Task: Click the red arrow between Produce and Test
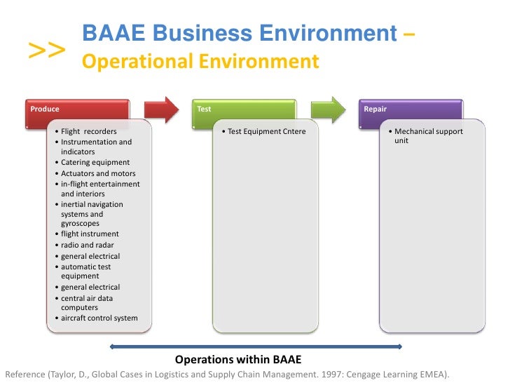pos(162,109)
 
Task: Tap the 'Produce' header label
pos(45,109)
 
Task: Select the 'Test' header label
pos(204,109)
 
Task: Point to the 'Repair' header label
pos(375,109)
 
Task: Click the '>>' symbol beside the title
pos(48,50)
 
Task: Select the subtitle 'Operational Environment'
pos(201,62)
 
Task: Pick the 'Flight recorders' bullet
pos(88,131)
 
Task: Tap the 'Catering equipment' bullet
pos(95,163)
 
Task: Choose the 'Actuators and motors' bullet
pos(98,173)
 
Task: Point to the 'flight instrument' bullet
pos(90,234)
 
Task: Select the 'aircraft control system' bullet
pos(99,318)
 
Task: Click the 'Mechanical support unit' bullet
pos(428,135)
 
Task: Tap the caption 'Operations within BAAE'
pos(238,360)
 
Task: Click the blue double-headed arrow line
pos(256,345)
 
